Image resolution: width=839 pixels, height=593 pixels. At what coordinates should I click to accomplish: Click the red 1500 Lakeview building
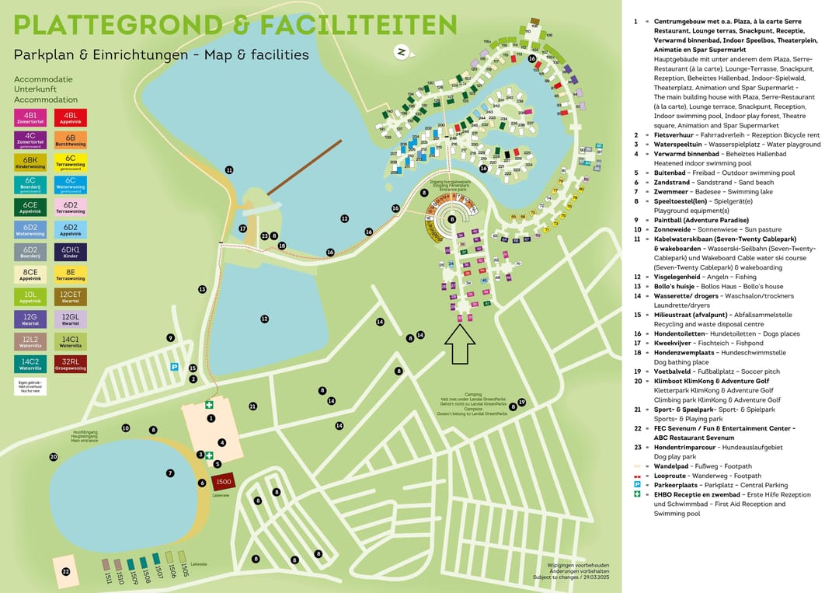223,483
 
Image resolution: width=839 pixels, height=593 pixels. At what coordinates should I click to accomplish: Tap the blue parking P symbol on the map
174,366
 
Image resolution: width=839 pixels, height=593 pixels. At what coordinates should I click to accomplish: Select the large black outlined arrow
460,345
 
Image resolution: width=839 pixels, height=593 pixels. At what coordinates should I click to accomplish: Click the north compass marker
402,52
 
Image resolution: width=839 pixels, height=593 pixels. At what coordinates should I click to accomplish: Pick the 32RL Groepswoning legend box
71,364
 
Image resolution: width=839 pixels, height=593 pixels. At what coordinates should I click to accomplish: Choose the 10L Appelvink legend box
30,296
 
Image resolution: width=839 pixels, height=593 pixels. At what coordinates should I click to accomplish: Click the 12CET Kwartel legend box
71,296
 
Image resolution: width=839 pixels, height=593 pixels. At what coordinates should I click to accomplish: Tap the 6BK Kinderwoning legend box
30,162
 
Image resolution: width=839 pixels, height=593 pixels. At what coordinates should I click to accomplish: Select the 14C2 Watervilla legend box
30,364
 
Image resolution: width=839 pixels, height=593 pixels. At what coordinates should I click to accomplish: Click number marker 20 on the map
54,457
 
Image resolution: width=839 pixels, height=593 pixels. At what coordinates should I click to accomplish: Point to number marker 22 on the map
65,572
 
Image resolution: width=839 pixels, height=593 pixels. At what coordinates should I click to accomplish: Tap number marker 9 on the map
170,337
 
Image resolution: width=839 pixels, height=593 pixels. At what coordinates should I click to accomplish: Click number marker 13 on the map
202,289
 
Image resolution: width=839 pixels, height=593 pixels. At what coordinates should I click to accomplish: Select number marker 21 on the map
252,406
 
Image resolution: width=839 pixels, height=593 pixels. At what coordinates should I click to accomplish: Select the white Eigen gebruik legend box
30,385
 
